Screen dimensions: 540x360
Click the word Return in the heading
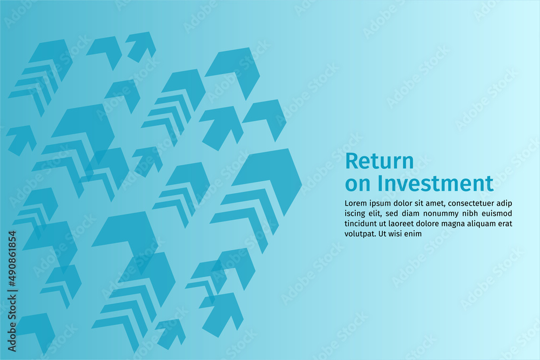379,161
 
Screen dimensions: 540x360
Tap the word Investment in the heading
435,183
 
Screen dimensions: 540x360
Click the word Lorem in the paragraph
355,203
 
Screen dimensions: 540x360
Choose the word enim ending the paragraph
414,234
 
